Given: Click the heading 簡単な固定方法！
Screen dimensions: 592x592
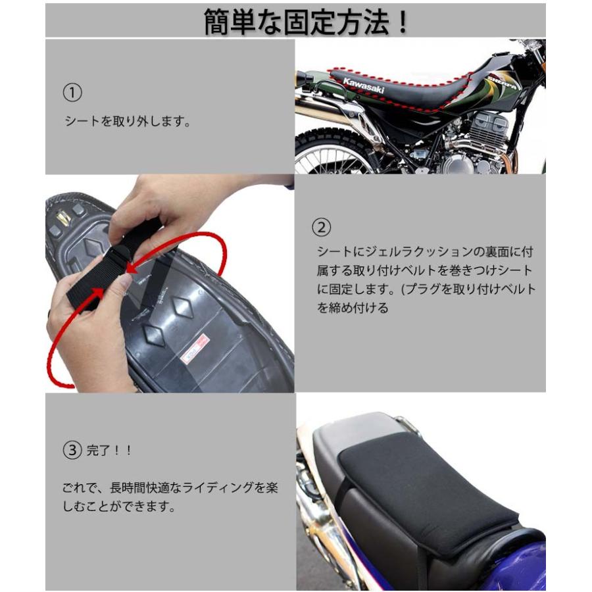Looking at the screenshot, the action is coord(306,22).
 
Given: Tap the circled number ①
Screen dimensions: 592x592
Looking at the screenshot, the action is coord(72,93).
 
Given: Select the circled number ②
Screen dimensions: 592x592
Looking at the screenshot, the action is coord(321,228).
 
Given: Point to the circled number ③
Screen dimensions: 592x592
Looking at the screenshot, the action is coord(72,450).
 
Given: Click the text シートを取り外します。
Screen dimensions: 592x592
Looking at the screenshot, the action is coord(128,121).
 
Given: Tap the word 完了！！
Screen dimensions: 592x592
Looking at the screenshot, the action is coord(109,451).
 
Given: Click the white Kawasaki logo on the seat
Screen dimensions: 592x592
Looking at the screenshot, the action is coord(364,86).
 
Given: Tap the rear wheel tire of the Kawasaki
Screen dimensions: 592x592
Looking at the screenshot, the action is coord(332,151).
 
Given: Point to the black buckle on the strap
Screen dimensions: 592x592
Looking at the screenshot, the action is coord(121,253).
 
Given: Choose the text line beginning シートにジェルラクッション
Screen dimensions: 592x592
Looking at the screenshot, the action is coord(425,252).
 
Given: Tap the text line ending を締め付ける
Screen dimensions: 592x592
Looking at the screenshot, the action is coord(353,308).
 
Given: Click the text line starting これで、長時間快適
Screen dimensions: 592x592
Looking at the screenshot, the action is coord(170,487).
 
